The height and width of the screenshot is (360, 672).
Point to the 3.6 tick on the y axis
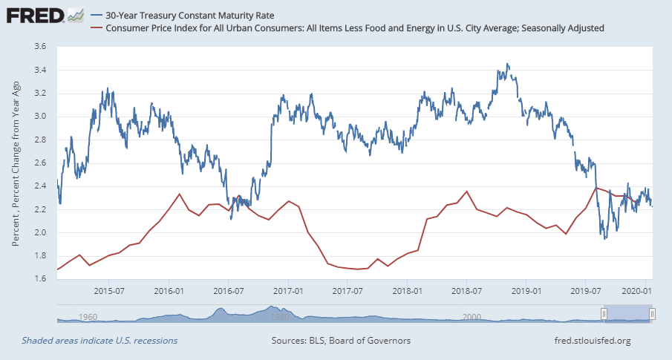[x=40, y=47]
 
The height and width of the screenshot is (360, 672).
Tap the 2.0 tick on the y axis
[x=40, y=233]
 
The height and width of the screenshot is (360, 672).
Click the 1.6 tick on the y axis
[x=40, y=279]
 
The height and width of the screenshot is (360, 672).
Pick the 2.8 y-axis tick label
[x=40, y=140]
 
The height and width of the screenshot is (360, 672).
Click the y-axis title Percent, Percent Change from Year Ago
[x=16, y=163]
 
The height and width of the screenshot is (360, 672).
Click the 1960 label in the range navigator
[x=88, y=317]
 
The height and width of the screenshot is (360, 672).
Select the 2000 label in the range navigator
[x=471, y=317]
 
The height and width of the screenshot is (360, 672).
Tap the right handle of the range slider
[x=651, y=314]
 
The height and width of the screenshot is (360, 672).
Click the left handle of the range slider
[x=604, y=314]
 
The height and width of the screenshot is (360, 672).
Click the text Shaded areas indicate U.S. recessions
[x=100, y=341]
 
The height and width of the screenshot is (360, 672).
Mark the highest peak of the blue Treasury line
[x=507, y=64]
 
